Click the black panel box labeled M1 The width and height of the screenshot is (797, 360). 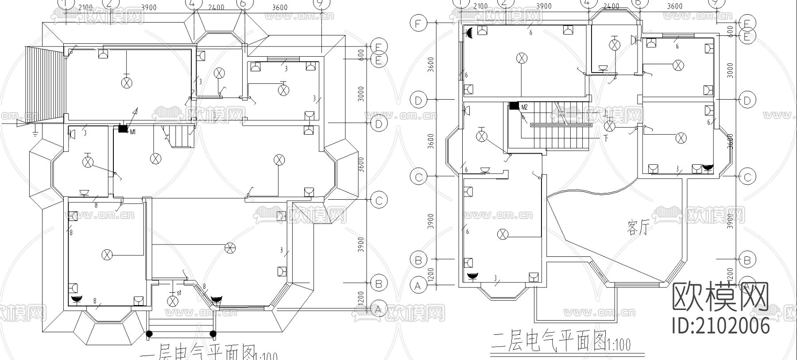tap(123, 129)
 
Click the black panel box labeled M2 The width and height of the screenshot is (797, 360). tap(514, 106)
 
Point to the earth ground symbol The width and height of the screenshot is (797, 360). tap(35, 129)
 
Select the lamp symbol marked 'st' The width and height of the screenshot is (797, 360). tap(173, 301)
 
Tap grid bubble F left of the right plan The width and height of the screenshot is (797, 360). tap(418, 23)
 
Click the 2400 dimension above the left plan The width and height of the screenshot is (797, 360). tap(216, 8)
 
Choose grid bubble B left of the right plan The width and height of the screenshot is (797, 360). tap(418, 260)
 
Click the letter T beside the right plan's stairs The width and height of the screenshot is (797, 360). tap(605, 138)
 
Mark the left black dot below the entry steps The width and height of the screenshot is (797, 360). tap(150, 333)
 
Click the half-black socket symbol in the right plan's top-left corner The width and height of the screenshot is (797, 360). tap(469, 32)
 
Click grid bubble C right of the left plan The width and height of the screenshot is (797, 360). tap(378, 200)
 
